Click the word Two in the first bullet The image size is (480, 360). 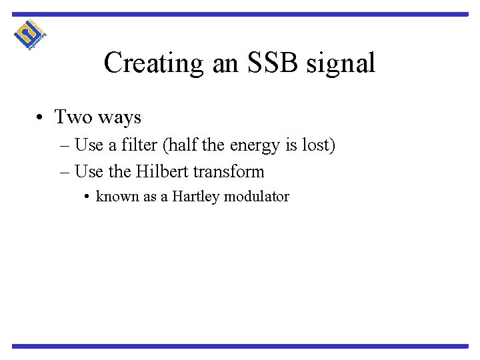(x=73, y=117)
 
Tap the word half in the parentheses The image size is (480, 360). (x=183, y=144)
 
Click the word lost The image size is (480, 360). (x=317, y=144)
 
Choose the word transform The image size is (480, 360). (x=231, y=171)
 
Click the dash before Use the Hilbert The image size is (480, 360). (x=64, y=172)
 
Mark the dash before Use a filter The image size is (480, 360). (x=64, y=145)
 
